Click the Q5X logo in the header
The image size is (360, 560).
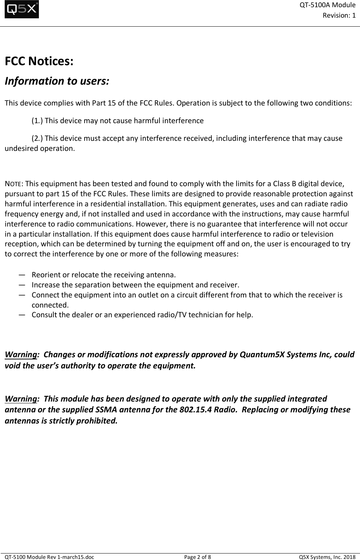22,10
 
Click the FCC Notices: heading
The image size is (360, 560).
39,61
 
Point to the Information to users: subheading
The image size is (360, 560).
57,81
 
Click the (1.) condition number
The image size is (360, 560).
37,121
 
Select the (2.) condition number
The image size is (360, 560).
37,139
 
